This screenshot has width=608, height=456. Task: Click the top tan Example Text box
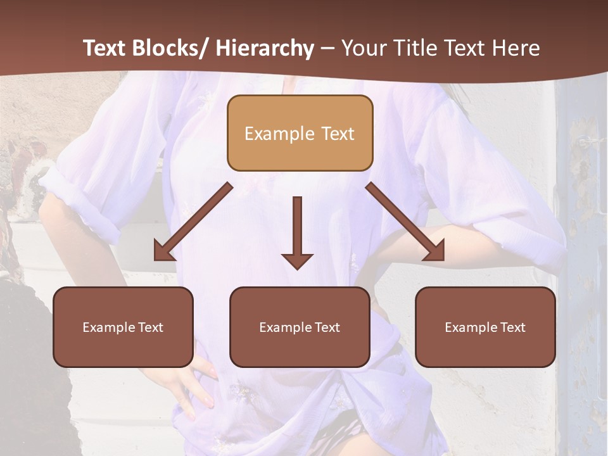click(x=300, y=133)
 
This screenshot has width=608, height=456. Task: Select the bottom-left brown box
click(x=123, y=327)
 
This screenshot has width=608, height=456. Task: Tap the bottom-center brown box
click(x=300, y=327)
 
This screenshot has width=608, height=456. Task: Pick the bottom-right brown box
click(x=485, y=327)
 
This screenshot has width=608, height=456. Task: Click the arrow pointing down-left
click(x=193, y=222)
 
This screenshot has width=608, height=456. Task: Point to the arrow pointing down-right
click(x=405, y=222)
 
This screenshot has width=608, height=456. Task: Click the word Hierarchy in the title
click(x=265, y=48)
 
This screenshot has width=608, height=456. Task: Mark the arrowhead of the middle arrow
click(x=297, y=260)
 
